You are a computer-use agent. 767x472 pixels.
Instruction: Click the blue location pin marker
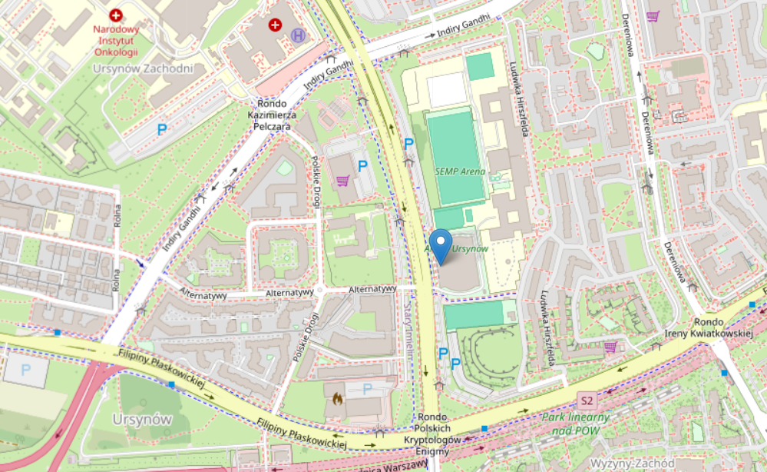[441, 245]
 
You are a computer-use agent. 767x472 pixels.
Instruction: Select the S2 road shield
[587, 401]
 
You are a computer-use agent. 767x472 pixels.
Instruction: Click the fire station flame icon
[337, 400]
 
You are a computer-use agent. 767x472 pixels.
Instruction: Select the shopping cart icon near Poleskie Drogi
[343, 181]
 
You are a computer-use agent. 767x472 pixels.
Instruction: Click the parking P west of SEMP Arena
[408, 143]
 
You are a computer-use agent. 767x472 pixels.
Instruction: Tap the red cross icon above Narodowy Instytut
[116, 15]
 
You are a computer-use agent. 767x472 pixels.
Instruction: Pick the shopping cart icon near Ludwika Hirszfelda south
[610, 347]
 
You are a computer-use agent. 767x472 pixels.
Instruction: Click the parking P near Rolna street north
[162, 130]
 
